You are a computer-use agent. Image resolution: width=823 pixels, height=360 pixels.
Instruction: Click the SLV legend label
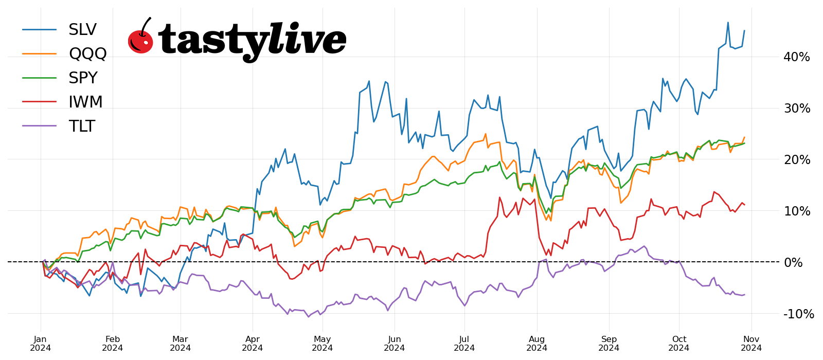coord(82,30)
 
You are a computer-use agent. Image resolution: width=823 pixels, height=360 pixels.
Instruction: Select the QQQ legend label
coord(87,53)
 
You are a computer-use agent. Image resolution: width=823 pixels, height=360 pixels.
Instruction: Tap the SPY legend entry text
coord(83,78)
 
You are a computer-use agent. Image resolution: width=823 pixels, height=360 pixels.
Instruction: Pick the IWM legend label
coord(85,102)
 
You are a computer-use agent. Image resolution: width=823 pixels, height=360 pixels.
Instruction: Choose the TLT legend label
coord(82,126)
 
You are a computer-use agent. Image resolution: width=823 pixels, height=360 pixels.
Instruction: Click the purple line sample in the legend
coord(39,126)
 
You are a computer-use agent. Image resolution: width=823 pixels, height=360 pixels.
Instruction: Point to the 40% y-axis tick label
coord(796,57)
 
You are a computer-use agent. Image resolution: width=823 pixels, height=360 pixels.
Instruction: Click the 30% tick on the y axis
coord(796,109)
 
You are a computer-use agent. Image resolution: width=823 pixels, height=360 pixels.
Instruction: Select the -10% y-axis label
coord(798,314)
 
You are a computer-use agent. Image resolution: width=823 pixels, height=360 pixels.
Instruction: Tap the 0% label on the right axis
coord(793,263)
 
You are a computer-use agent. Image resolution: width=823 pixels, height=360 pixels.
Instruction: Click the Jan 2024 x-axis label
coord(41,344)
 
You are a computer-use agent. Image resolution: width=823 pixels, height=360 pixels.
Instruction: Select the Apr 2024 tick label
coord(253,344)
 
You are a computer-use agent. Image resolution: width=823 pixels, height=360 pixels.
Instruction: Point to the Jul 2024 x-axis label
coord(464,344)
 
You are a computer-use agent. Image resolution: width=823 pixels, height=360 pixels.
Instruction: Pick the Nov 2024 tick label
coord(752,344)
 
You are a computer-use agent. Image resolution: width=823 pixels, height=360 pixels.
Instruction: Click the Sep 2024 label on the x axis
coord(609,344)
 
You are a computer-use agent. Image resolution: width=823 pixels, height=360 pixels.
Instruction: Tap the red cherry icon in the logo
coord(140,40)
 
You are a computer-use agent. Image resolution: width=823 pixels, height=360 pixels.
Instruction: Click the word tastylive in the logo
coord(252,40)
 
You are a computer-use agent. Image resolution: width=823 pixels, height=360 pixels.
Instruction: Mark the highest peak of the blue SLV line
coord(728,23)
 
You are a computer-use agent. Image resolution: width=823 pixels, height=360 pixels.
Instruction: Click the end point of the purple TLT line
coord(744,295)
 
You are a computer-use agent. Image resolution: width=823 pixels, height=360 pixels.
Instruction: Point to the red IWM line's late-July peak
coord(499,197)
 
